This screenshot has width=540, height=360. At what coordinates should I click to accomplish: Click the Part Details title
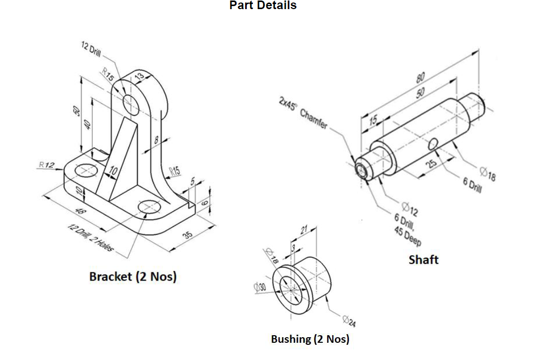click(263, 6)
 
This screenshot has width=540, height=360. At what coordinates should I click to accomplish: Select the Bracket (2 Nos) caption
click(133, 277)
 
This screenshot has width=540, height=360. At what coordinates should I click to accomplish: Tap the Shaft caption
click(423, 260)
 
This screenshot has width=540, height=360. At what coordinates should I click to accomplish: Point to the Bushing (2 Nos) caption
click(310, 339)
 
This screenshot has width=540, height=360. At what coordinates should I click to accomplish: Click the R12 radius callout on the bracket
click(47, 165)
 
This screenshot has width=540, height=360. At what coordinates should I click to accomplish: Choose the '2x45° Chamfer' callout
click(303, 112)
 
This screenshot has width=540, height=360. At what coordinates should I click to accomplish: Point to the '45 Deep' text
click(407, 236)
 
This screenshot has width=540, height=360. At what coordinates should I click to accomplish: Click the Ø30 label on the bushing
click(260, 287)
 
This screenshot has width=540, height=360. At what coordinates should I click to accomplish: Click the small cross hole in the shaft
click(433, 144)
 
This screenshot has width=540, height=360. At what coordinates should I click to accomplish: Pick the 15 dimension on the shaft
click(373, 120)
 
